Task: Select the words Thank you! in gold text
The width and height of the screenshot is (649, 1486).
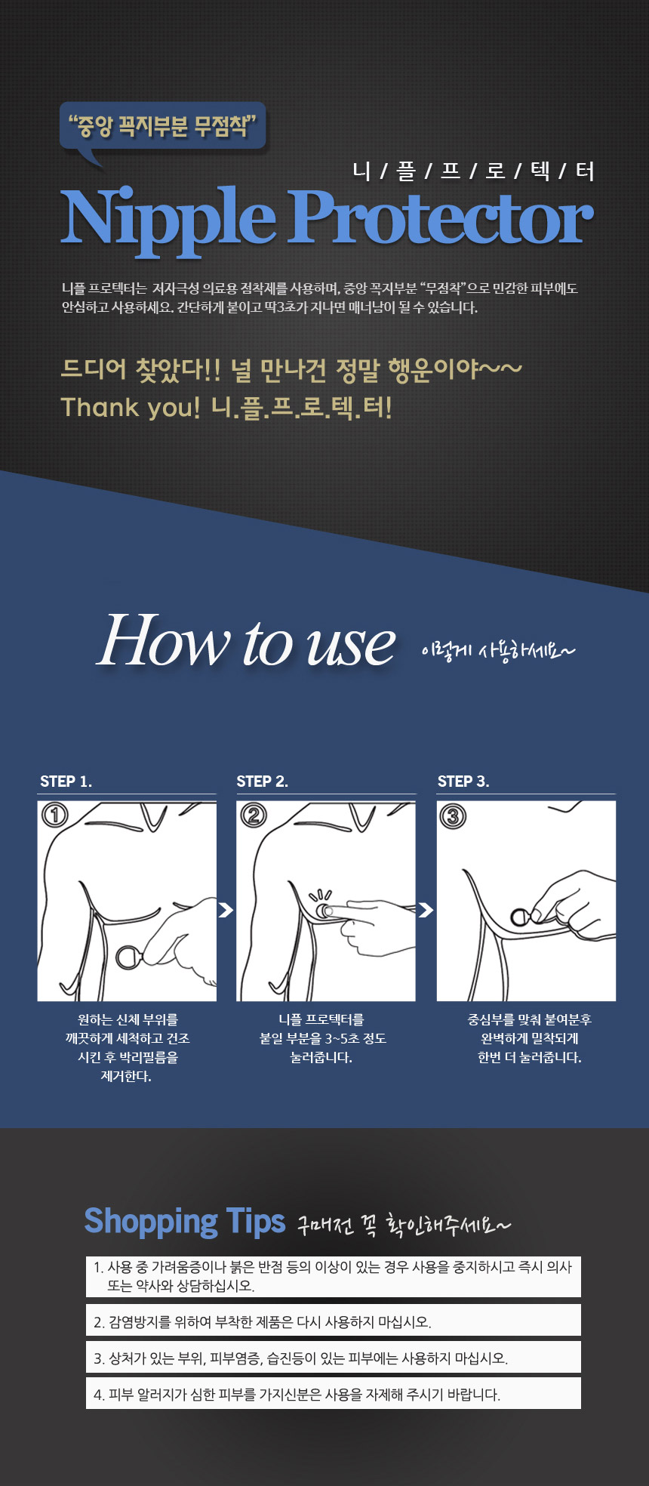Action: coord(131,407)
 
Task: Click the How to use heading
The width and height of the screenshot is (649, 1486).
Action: coord(246,640)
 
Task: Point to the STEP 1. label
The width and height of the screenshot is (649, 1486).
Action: coord(66,782)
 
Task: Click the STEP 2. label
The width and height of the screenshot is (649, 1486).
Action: coord(262,782)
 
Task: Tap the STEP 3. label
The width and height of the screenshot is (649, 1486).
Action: coord(463,782)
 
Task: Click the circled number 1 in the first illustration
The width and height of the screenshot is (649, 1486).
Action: coord(55,815)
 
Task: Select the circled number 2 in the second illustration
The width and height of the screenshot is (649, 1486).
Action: coord(254,815)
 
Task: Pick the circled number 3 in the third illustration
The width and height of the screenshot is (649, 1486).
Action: coord(453,816)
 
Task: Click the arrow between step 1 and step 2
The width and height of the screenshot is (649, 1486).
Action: coord(226,910)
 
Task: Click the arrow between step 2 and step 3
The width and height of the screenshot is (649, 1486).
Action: coord(426,910)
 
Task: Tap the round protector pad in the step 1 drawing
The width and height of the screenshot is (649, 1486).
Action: coord(128,957)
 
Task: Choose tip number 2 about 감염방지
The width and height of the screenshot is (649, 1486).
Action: coord(334,1321)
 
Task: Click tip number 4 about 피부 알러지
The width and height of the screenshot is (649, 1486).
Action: coord(334,1394)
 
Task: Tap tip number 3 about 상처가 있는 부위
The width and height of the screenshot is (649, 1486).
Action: coord(334,1358)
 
